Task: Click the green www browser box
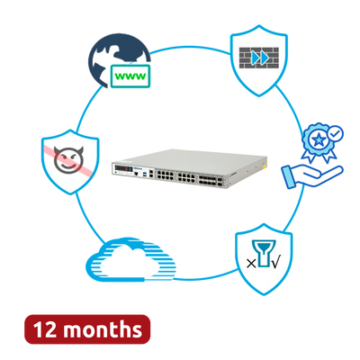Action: pyautogui.click(x=130, y=76)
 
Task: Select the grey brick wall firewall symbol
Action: pyautogui.click(x=259, y=58)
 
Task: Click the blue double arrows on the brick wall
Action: pyautogui.click(x=260, y=58)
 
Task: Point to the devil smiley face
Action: pyautogui.click(x=68, y=160)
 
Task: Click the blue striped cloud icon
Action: pyautogui.click(x=130, y=260)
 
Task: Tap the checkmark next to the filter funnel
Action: pyautogui.click(x=276, y=263)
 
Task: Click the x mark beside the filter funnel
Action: pyautogui.click(x=251, y=264)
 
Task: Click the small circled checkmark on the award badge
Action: pyautogui.click(x=336, y=133)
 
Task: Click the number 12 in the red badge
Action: pyautogui.click(x=45, y=329)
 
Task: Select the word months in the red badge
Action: pyautogui.click(x=103, y=329)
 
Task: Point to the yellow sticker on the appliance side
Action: pyautogui.click(x=265, y=166)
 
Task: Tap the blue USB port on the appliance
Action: pyautogui.click(x=145, y=173)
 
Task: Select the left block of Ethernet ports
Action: pyautogui.click(x=165, y=175)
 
